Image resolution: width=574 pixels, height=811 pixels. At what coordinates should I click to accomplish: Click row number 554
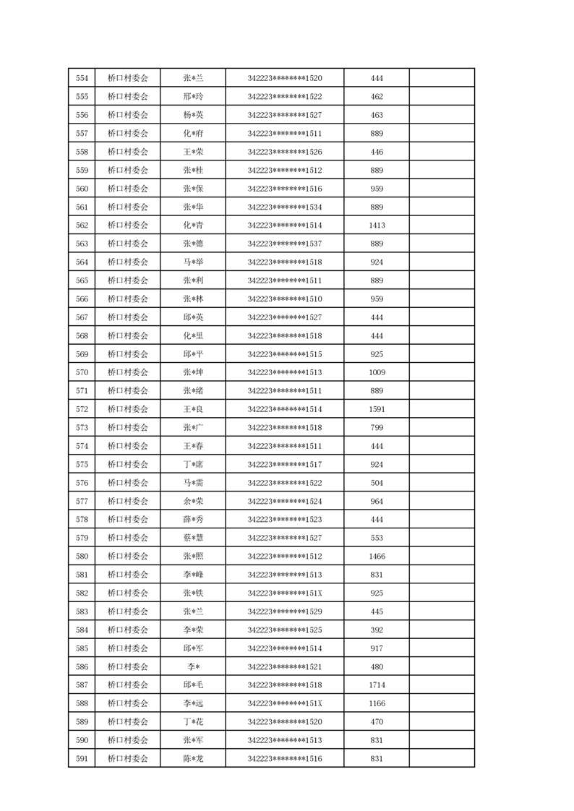click(82, 78)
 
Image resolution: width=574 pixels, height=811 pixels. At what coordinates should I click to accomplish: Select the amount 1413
click(377, 226)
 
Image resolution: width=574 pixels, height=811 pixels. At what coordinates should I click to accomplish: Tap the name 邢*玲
click(193, 97)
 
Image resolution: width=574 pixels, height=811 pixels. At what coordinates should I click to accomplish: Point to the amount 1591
click(377, 409)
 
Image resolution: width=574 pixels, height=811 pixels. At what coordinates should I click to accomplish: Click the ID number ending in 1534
click(284, 207)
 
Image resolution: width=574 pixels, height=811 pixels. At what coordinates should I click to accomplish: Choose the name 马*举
click(193, 262)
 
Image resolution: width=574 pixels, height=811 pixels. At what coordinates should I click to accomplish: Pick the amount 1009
click(377, 372)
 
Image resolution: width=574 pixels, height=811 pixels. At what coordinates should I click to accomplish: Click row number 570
click(82, 372)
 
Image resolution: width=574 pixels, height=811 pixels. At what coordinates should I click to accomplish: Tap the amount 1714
click(377, 685)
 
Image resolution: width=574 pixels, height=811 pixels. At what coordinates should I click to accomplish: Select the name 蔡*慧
click(193, 538)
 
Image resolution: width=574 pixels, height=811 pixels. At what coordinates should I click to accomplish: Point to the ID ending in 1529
click(284, 612)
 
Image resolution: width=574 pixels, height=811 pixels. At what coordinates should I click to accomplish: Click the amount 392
click(377, 630)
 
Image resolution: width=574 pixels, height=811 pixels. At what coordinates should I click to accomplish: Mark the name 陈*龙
click(193, 758)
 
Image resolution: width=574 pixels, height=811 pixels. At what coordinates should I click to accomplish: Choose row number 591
click(82, 758)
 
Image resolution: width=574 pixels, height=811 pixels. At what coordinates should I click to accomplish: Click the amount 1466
click(377, 556)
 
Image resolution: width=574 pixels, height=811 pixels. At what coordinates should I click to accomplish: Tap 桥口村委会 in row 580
click(128, 556)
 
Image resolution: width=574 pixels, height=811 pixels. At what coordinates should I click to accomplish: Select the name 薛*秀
click(193, 519)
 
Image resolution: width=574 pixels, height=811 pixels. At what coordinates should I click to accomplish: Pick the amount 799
click(377, 428)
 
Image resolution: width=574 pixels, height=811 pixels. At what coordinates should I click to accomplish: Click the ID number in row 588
click(284, 703)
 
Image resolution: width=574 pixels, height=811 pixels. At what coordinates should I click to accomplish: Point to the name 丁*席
click(193, 464)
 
